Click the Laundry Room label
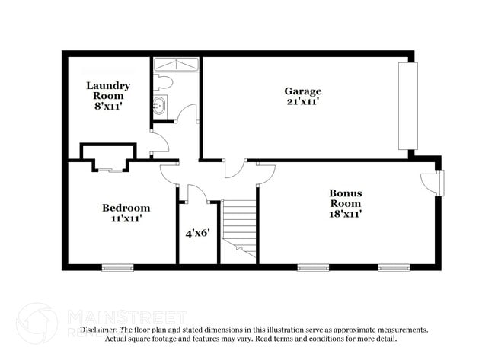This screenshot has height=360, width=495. coord(107,91)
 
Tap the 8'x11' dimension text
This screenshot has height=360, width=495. coord(107,107)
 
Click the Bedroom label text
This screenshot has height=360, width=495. coord(126,207)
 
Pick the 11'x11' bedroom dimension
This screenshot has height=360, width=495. coord(126,218)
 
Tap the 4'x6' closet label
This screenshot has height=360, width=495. coord(197,234)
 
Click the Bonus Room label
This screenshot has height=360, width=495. coord(345,198)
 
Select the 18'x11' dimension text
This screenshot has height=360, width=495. coord(345,214)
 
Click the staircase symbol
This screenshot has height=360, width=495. coord(238,226)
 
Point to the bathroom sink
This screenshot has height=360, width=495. coord(161,106)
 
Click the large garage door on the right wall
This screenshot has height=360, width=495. coord(408,107)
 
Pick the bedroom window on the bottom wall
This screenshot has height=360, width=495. coord(118,267)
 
